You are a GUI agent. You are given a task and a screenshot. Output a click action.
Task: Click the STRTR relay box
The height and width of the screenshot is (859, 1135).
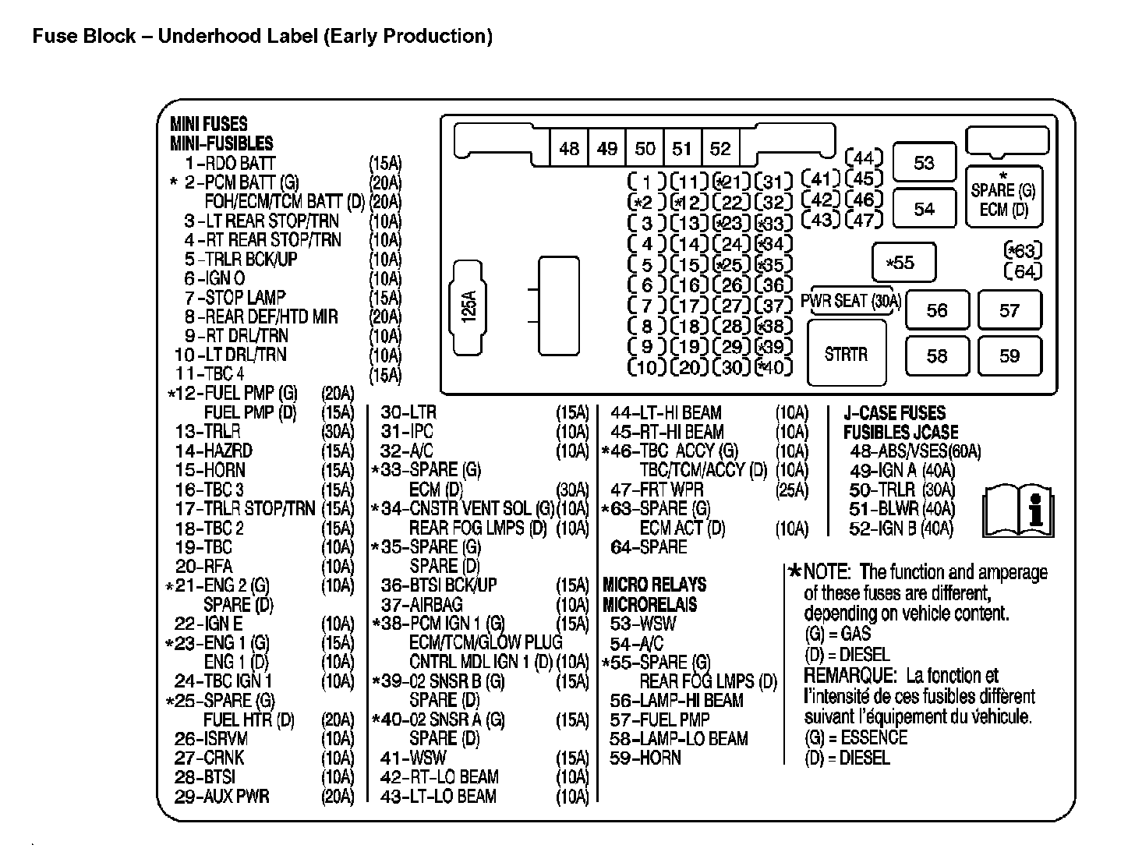pyautogui.click(x=846, y=354)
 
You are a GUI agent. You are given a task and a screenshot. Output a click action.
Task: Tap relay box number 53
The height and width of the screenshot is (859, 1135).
pyautogui.click(x=924, y=163)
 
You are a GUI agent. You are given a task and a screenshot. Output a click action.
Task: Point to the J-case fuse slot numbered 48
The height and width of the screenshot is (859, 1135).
pyautogui.click(x=569, y=148)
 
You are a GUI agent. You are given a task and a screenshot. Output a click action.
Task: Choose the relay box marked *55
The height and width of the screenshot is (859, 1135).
pyautogui.click(x=903, y=263)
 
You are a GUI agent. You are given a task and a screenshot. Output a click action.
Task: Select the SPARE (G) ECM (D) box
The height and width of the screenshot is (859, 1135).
pyautogui.click(x=1003, y=196)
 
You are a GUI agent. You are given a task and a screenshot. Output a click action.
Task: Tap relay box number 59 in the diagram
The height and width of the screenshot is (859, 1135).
pyautogui.click(x=1009, y=356)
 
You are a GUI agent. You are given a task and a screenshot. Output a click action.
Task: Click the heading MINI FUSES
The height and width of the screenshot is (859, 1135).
pyautogui.click(x=208, y=124)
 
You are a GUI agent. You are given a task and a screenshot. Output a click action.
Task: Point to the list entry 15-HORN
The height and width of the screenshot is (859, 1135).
pyautogui.click(x=210, y=470)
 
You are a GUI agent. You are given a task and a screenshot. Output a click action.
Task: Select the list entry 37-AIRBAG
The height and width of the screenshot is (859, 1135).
pyautogui.click(x=421, y=604)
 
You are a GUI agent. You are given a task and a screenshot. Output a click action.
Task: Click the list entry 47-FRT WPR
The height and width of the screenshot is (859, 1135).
pyautogui.click(x=656, y=490)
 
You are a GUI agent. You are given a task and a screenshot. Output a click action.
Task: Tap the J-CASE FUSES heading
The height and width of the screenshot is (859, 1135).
pyautogui.click(x=894, y=413)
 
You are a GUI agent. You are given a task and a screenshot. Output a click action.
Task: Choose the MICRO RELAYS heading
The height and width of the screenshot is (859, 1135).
pyautogui.click(x=654, y=585)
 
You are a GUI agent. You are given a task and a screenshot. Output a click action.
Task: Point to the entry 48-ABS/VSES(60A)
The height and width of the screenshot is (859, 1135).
pyautogui.click(x=914, y=451)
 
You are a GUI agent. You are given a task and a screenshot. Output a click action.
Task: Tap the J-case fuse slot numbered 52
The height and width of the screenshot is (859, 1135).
pyautogui.click(x=720, y=148)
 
